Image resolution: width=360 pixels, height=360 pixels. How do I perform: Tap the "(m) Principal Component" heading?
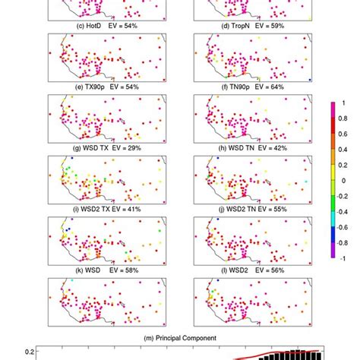(x=180, y=337)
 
